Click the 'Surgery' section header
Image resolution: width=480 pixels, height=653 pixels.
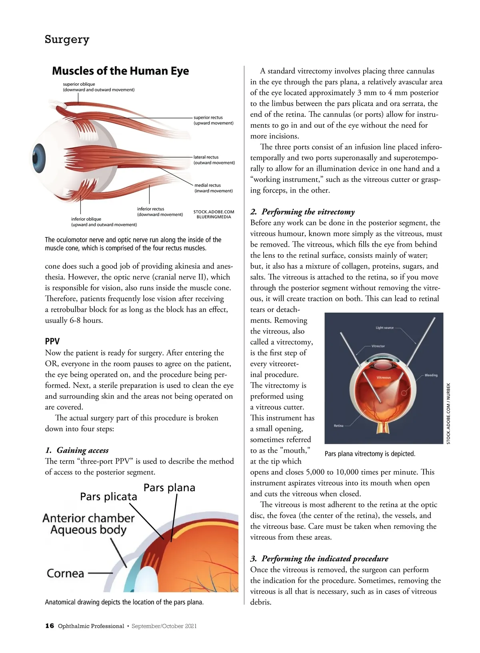(x=67, y=39)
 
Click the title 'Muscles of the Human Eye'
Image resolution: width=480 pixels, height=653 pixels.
(x=120, y=71)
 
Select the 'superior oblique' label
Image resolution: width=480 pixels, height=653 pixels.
(x=79, y=84)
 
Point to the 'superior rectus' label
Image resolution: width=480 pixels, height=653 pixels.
(x=208, y=117)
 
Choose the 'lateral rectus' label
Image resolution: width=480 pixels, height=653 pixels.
(x=206, y=157)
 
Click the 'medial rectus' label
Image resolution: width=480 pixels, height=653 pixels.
(x=208, y=185)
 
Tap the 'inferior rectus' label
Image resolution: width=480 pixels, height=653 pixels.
(x=150, y=209)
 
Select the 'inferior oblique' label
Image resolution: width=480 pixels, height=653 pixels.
(x=86, y=219)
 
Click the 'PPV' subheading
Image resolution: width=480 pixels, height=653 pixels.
(x=52, y=342)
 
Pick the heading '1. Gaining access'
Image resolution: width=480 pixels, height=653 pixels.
(x=77, y=450)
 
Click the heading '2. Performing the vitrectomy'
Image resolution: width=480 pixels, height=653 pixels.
(x=302, y=212)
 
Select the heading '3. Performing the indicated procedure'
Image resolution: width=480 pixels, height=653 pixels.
(x=319, y=559)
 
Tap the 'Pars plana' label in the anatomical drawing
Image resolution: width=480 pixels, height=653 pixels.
(x=169, y=488)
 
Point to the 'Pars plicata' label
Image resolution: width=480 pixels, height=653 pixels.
(x=108, y=497)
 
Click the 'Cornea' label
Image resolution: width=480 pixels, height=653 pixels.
(x=66, y=573)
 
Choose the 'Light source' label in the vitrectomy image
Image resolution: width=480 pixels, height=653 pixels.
(x=384, y=328)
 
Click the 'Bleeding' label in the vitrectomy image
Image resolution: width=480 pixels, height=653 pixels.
(x=431, y=375)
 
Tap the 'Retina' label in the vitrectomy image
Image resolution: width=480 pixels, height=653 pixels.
(x=338, y=426)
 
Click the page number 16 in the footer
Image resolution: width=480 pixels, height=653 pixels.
(x=50, y=626)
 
